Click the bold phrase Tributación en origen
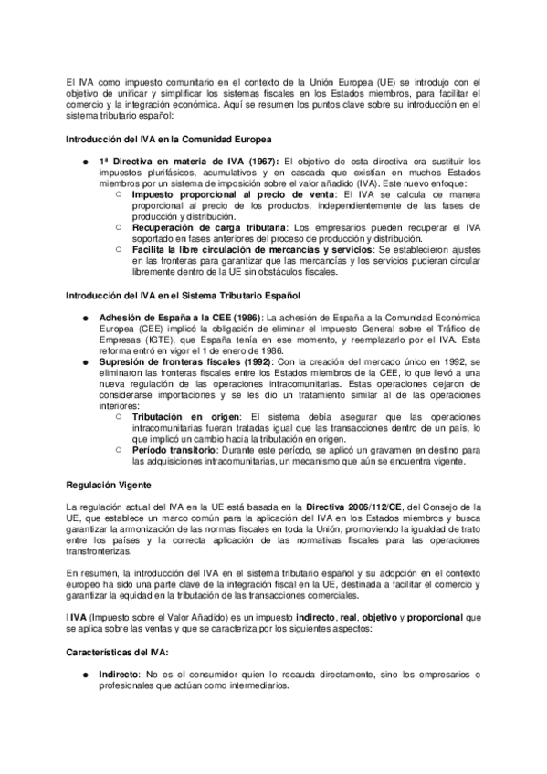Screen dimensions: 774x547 click(185, 415)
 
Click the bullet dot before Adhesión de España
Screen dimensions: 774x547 click(85, 318)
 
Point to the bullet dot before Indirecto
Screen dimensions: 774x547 click(85, 675)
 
